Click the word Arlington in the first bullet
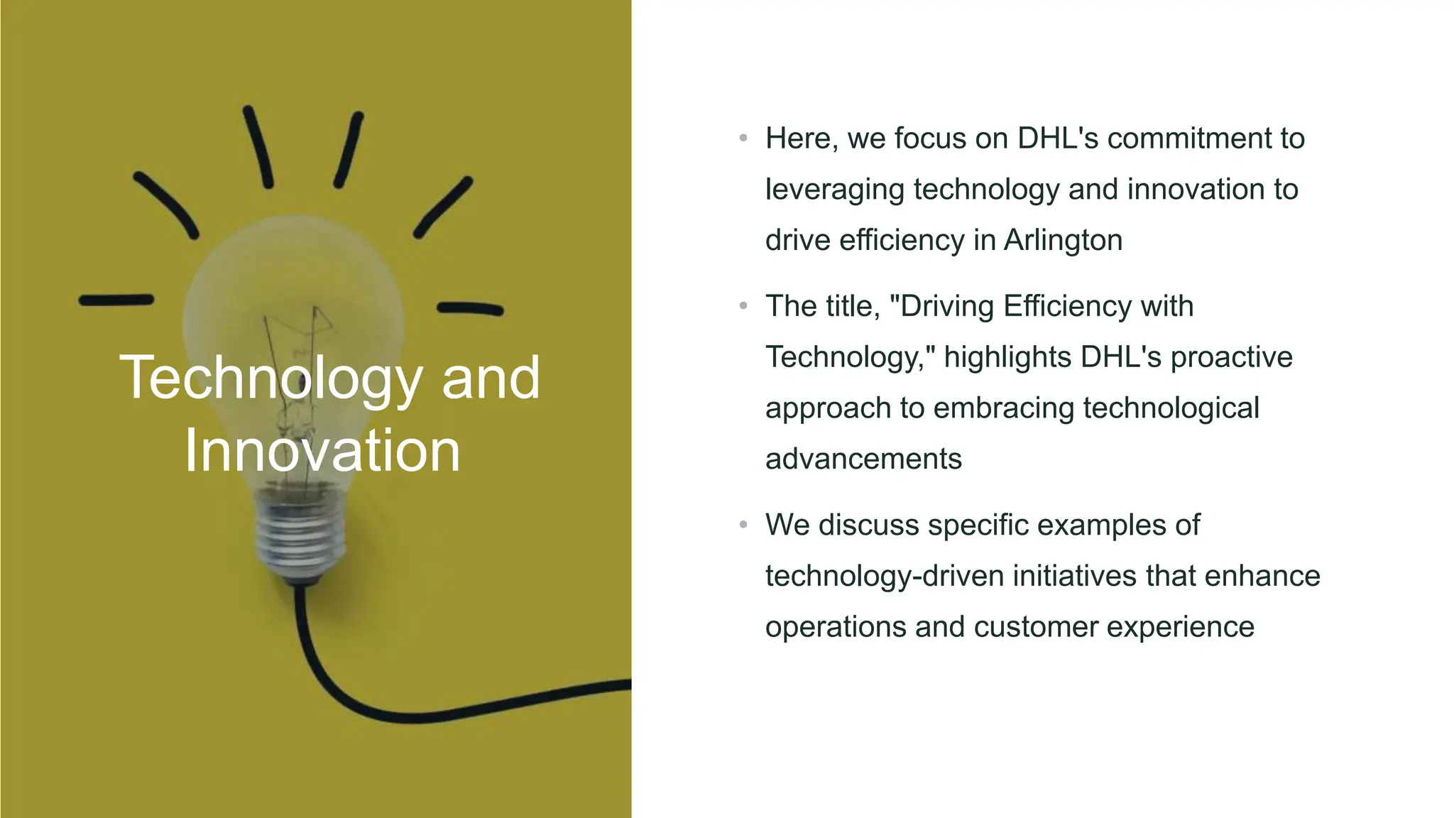(1063, 240)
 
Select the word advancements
(863, 459)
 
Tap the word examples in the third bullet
(1096, 525)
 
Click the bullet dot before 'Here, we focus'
(743, 138)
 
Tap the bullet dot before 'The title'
(743, 306)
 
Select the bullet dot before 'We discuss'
(743, 525)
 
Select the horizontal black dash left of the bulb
(116, 300)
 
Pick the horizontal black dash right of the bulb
(470, 308)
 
